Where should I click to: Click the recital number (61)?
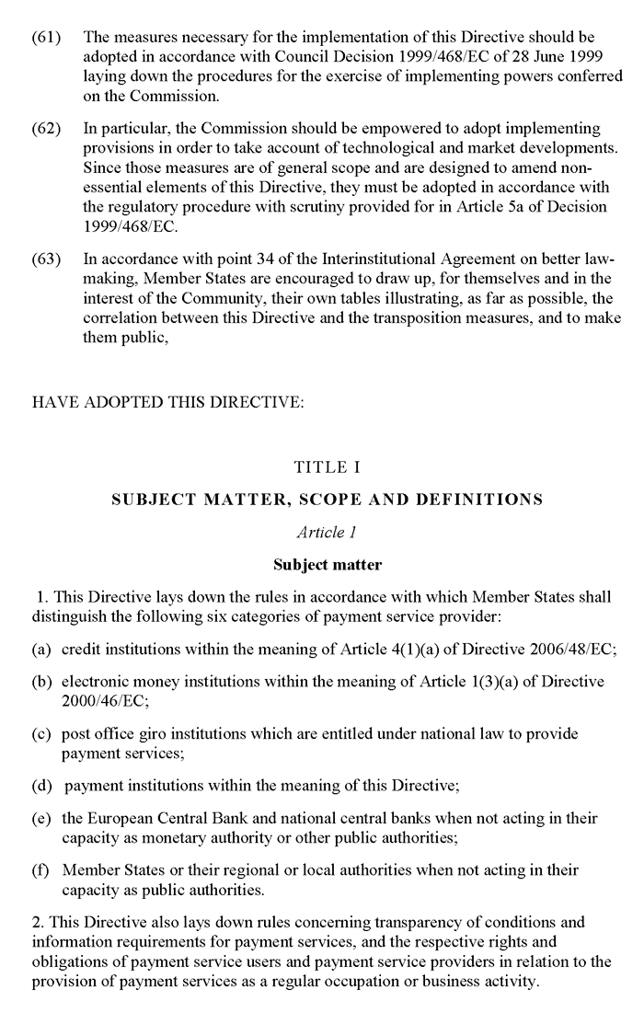(46, 39)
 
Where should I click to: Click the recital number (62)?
(46, 128)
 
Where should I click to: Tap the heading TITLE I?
(327, 467)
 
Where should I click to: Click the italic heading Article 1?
(327, 533)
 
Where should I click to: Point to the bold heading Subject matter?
(327, 564)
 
